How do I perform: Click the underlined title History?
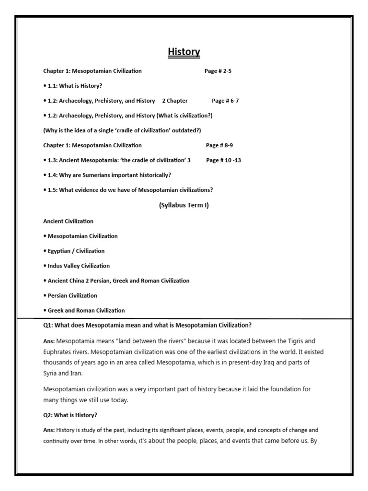(x=184, y=52)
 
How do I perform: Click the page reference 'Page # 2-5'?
(x=218, y=71)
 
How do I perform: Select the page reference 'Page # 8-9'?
(x=219, y=145)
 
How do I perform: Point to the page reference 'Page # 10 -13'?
(x=223, y=160)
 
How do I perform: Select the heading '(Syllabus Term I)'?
(x=184, y=205)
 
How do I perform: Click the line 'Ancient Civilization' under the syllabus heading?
(x=68, y=221)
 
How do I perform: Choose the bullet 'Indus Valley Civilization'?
(x=77, y=266)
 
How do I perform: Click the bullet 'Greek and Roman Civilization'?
(x=84, y=310)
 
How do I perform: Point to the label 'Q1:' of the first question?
(x=48, y=326)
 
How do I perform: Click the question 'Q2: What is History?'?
(x=70, y=415)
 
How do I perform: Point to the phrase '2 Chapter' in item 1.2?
(x=175, y=101)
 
